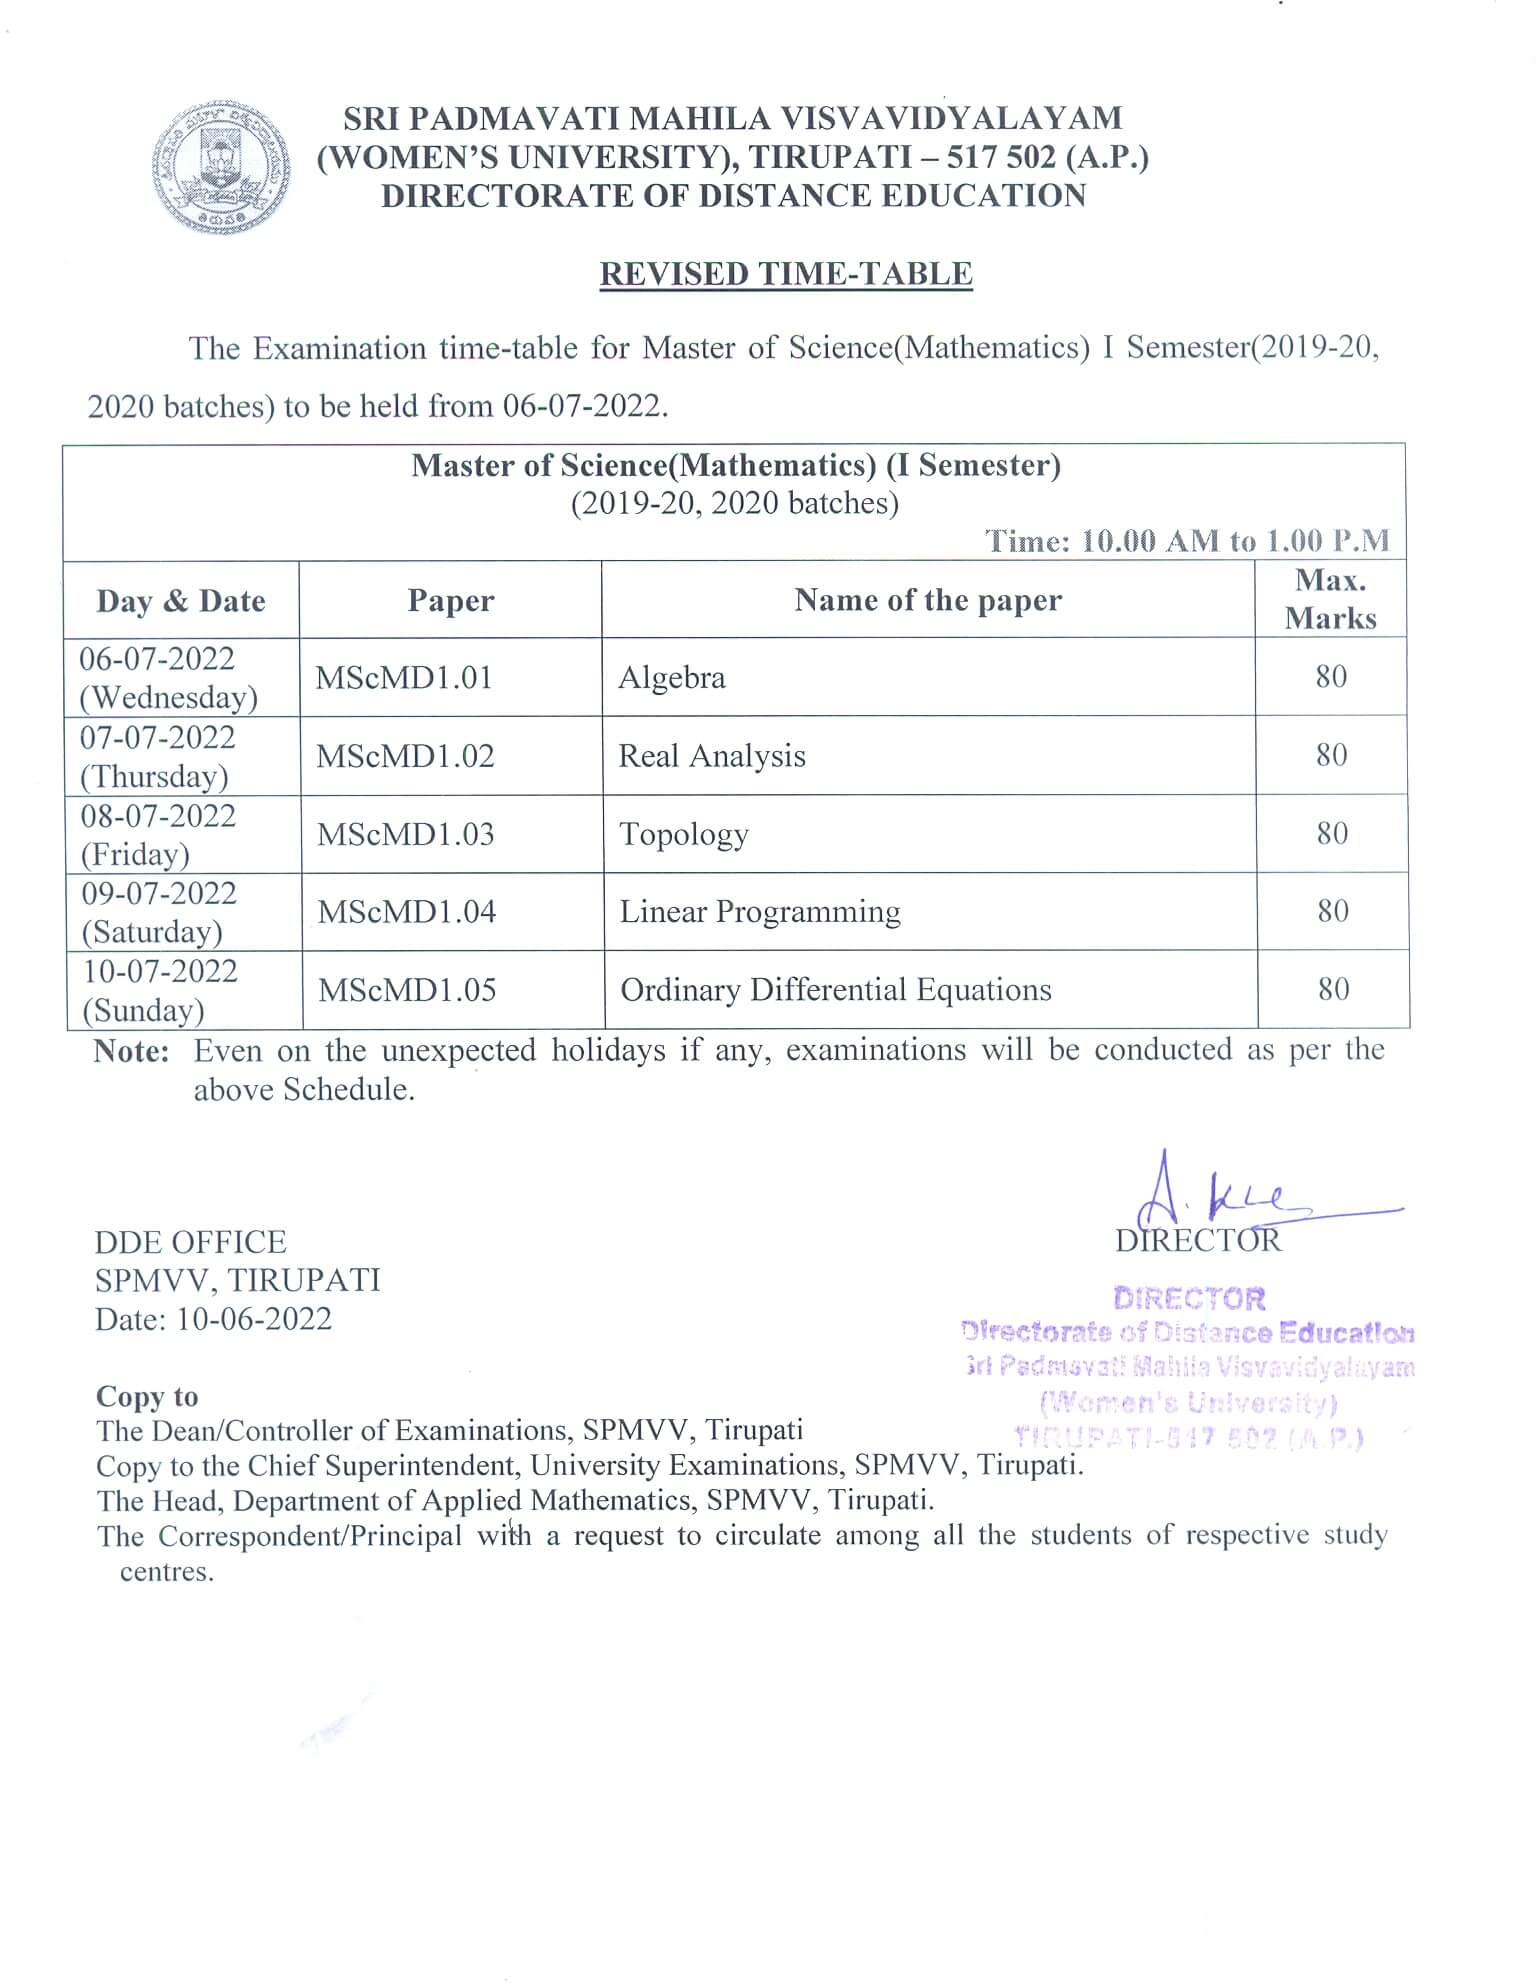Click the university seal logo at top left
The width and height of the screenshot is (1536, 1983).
click(221, 168)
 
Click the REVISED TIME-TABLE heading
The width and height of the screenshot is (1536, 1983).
click(786, 274)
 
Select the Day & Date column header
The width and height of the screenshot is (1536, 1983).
click(181, 601)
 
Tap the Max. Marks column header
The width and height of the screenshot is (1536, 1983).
click(1330, 599)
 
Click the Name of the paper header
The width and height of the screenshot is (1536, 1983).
click(928, 600)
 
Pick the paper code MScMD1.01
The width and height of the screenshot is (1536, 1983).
click(404, 678)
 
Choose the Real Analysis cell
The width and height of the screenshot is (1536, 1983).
click(712, 756)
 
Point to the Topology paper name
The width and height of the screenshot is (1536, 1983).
click(684, 834)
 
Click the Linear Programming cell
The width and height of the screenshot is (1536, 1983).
click(760, 912)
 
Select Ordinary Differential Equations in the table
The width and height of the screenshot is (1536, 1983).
click(836, 990)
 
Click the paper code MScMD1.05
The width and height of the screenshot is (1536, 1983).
click(407, 990)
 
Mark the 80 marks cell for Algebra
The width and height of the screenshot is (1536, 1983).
click(1331, 677)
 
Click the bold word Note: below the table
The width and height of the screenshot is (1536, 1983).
click(131, 1051)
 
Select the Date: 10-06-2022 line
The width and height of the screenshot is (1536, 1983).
click(213, 1319)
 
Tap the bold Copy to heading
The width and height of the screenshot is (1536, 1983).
click(147, 1396)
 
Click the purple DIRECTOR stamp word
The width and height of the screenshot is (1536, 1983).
click(1189, 1298)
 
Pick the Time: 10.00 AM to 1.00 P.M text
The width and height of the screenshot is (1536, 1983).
click(1187, 541)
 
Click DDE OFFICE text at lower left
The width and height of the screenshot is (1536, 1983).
click(190, 1242)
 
